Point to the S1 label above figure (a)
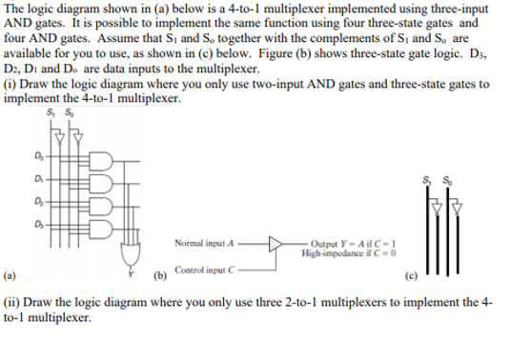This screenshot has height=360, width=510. point(49,116)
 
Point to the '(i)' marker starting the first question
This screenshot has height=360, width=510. point(11,84)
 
